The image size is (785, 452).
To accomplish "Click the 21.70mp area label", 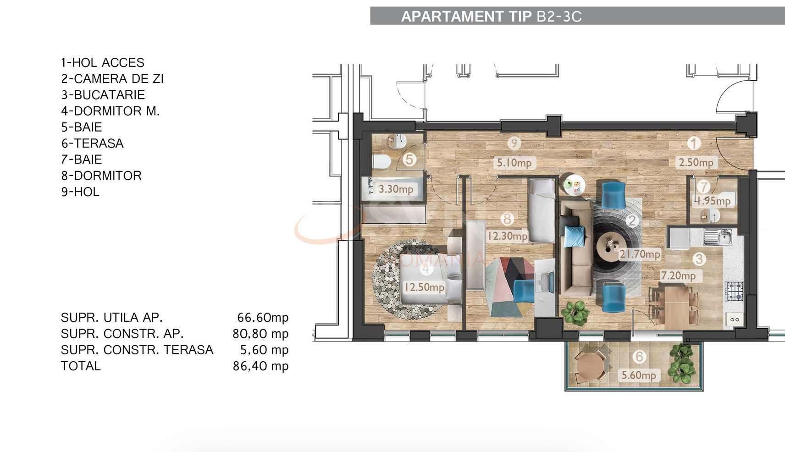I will [640, 254].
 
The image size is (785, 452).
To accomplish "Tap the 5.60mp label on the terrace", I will [639, 375].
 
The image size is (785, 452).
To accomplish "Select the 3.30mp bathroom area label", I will [395, 189].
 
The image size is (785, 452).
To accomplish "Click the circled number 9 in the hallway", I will [514, 143].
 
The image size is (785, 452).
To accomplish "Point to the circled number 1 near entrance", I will [694, 143].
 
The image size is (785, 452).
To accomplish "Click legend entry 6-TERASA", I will [92, 143].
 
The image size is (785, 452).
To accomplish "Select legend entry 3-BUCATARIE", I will [103, 95].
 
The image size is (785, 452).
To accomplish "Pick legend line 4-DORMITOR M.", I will [110, 111].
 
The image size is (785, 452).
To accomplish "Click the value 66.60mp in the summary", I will [262, 317].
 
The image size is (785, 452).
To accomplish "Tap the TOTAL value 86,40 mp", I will [260, 366].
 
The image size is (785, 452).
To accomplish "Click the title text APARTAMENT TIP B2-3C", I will [491, 17].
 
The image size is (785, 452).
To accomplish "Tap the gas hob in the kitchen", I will [735, 291].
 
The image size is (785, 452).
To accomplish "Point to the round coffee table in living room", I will [610, 247].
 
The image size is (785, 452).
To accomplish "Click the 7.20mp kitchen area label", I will [678, 276].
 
